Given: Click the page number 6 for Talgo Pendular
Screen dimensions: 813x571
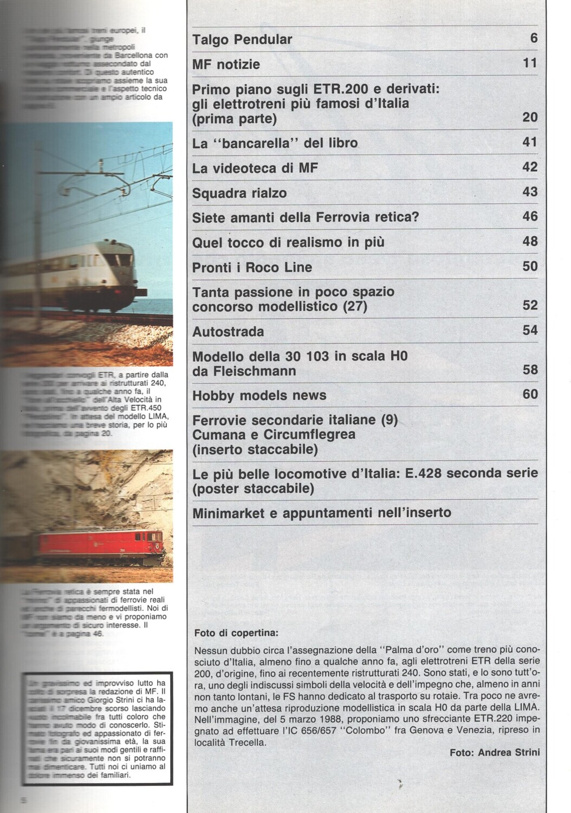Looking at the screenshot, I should coord(534,38).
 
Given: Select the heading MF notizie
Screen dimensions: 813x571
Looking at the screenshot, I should coord(226,64).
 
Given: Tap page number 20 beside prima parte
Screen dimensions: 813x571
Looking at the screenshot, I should coord(530,117).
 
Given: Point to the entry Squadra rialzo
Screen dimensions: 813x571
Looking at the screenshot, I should coord(239,193).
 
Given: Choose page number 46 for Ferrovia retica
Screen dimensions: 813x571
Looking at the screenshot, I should coord(530,217).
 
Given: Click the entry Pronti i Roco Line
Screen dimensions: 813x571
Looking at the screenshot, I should coord(252,267).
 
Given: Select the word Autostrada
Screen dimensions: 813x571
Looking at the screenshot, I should coord(228,331).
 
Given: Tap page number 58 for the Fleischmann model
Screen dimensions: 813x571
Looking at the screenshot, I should coord(530,370).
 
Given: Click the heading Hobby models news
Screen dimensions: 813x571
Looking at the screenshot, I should coord(259,395).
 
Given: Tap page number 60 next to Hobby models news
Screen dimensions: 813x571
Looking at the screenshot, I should coord(530,394).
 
